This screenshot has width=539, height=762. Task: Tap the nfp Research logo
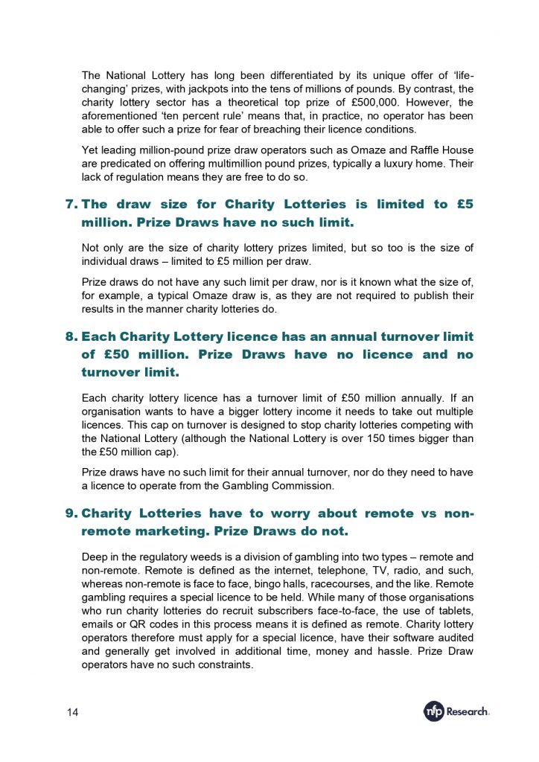click(x=456, y=711)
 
